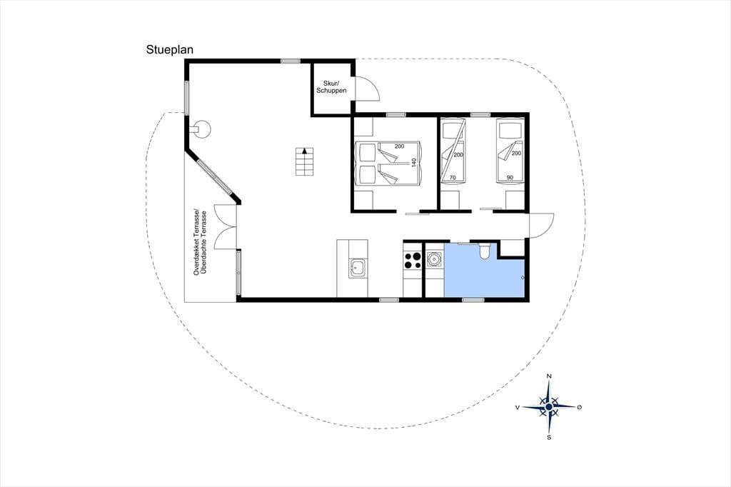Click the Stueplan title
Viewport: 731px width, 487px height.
coord(169,50)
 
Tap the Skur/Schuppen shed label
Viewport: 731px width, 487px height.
coord(331,87)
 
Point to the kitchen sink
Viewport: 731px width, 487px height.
coord(358,268)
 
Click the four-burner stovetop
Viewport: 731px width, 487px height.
coord(412,261)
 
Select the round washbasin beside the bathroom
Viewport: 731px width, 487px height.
coord(435,258)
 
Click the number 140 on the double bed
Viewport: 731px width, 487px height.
coord(413,163)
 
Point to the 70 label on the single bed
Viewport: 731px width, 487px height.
coord(452,178)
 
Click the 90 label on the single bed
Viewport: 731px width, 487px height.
coord(510,178)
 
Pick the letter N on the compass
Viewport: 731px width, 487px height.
coord(549,376)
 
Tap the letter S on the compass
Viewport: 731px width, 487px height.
coord(549,438)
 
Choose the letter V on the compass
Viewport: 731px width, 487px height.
coord(518,407)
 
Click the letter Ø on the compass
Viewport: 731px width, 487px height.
coord(580,407)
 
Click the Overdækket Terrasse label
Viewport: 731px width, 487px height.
coord(197,241)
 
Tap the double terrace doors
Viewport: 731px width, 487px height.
coord(226,227)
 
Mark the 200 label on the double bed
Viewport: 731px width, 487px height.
coord(399,146)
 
